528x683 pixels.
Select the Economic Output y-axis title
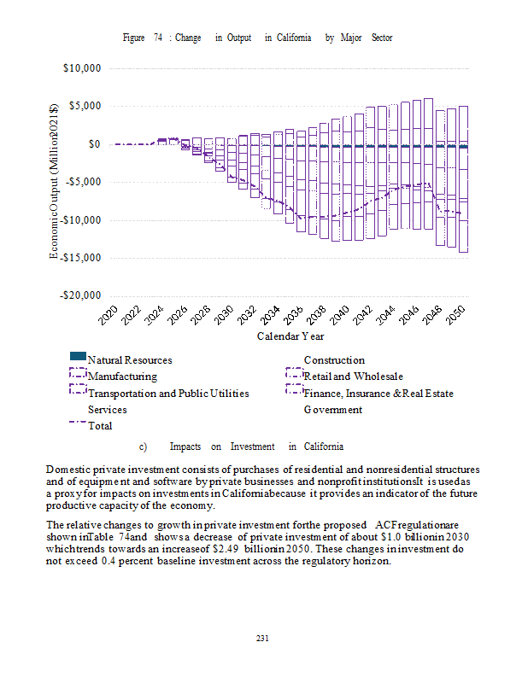(x=54, y=181)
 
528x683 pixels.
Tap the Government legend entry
(x=332, y=410)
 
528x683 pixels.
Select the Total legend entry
(x=100, y=425)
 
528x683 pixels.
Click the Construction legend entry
(x=334, y=360)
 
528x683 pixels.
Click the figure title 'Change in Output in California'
(x=257, y=38)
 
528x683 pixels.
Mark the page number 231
(x=263, y=638)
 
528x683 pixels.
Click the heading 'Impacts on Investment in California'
(x=256, y=447)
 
